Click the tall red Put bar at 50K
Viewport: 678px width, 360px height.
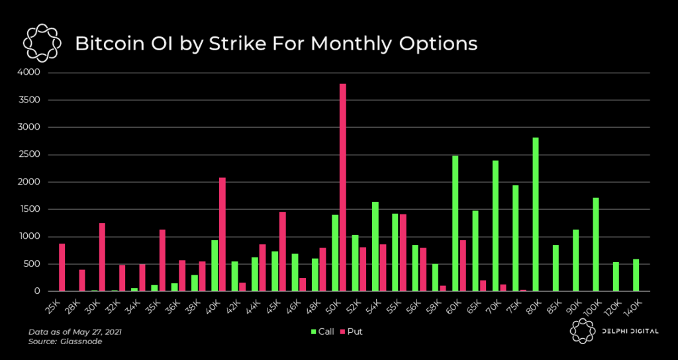(x=342, y=188)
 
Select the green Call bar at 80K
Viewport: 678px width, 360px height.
(x=536, y=214)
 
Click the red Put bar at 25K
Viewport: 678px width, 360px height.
(x=62, y=267)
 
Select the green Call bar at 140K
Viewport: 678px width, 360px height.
(x=636, y=275)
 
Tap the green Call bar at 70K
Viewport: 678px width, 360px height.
(x=495, y=226)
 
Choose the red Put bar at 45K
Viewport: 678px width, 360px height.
(x=282, y=251)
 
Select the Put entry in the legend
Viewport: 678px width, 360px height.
(x=352, y=331)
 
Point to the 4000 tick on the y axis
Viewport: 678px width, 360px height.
(x=30, y=72)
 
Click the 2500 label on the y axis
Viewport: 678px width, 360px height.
(x=30, y=154)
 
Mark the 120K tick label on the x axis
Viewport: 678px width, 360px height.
(x=614, y=306)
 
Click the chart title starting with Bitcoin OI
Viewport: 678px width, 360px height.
(x=276, y=44)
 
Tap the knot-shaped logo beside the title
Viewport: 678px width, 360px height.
(x=42, y=44)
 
